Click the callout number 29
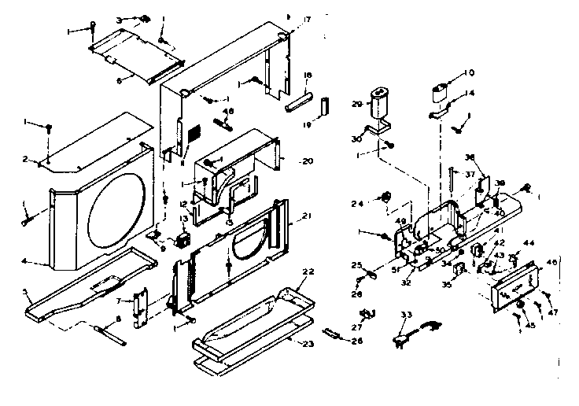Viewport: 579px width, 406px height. pyautogui.click(x=356, y=104)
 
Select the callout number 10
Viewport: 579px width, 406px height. pyautogui.click(x=469, y=73)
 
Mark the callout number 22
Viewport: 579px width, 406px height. pyautogui.click(x=308, y=271)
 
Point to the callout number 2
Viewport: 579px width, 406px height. pyautogui.click(x=25, y=159)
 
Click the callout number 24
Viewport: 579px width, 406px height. pyautogui.click(x=357, y=203)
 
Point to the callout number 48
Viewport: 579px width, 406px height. pyautogui.click(x=229, y=112)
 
